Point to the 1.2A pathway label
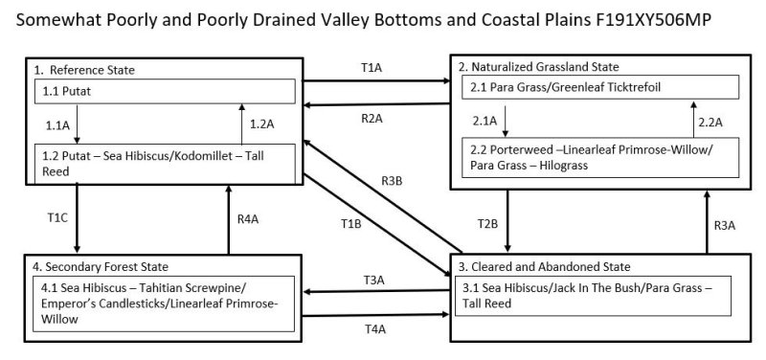260,124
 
